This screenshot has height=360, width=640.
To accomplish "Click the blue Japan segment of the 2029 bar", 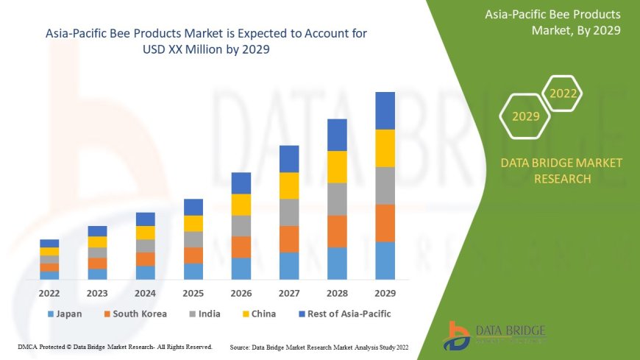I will (x=385, y=261).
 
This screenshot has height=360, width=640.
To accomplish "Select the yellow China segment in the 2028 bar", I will (x=337, y=167).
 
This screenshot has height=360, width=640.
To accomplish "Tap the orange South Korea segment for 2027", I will (x=289, y=239).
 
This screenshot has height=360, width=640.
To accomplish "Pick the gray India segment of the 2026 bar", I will (x=241, y=226).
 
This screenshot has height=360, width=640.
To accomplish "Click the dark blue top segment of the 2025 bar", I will (x=193, y=207).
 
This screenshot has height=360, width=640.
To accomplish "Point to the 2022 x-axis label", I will (x=49, y=292).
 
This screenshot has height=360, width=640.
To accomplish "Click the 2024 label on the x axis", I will (x=145, y=292).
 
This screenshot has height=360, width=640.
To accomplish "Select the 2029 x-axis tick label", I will (x=385, y=292).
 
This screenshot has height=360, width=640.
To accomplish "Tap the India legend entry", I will (x=204, y=314).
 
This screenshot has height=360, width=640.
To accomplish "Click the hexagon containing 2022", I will (x=563, y=94).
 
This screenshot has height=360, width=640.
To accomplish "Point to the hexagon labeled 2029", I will (x=525, y=116).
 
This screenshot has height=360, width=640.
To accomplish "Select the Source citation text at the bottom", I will (x=319, y=346).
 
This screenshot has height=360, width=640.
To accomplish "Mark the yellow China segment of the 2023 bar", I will (x=97, y=241).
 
